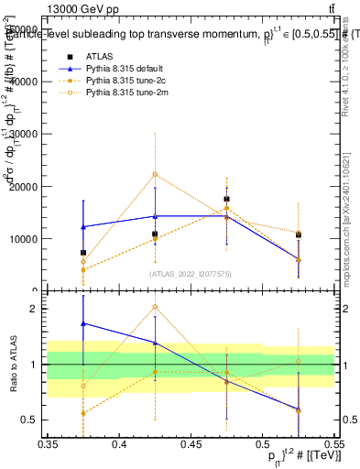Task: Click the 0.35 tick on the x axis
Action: (x=48, y=444)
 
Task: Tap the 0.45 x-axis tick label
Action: (x=191, y=444)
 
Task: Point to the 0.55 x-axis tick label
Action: (x=333, y=444)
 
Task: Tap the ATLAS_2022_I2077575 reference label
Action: (x=191, y=273)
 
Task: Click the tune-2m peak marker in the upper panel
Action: (x=156, y=174)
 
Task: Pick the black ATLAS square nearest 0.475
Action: (x=226, y=199)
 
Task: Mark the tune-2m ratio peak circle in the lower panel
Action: (x=156, y=307)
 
